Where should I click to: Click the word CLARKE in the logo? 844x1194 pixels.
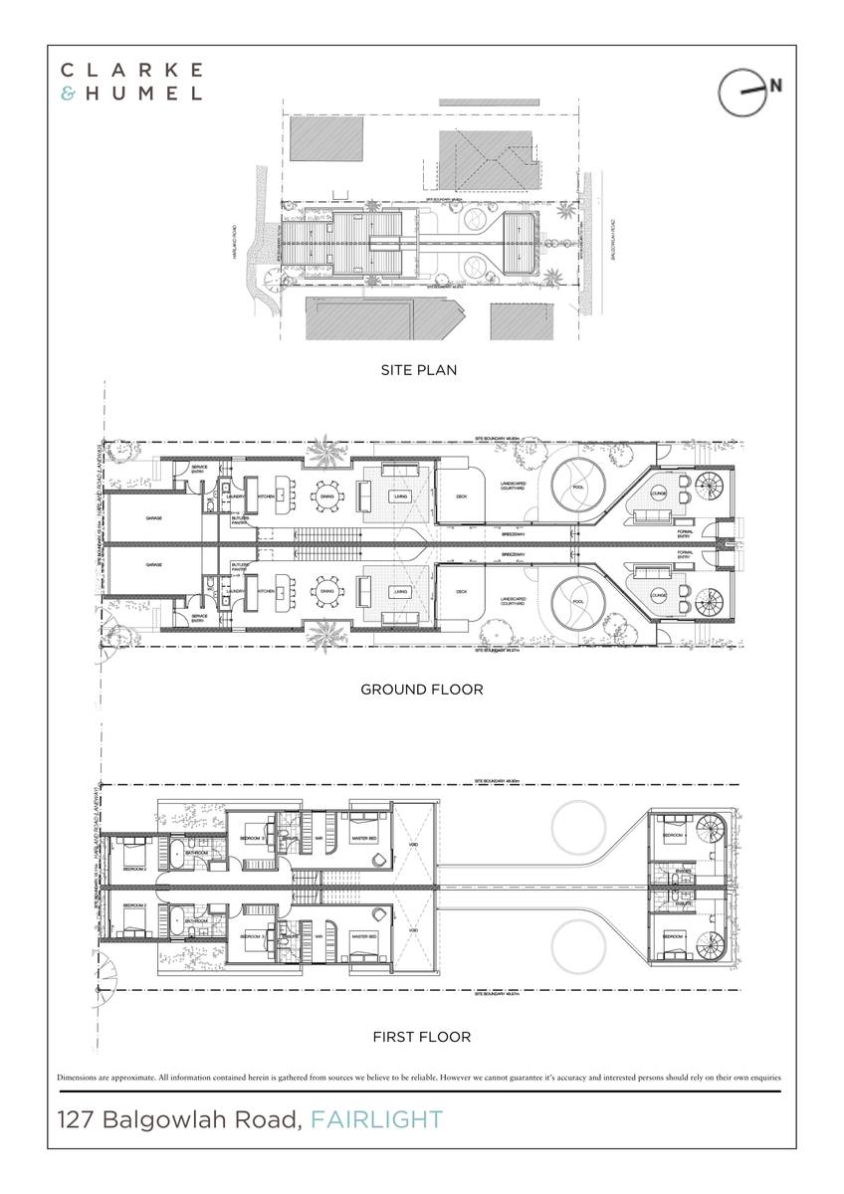coord(132,70)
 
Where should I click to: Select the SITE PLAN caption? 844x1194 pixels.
coord(419,370)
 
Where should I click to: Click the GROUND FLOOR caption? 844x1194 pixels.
coord(421,689)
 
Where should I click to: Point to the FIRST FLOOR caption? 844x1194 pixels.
coord(421,1037)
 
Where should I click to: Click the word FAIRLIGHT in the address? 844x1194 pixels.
coord(377,1120)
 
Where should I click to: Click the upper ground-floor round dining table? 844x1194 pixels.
coord(325,494)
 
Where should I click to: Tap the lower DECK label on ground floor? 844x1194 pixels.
coord(461,591)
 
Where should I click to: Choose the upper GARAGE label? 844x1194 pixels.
coord(153,518)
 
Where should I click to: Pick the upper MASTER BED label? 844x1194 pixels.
coord(365,838)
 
